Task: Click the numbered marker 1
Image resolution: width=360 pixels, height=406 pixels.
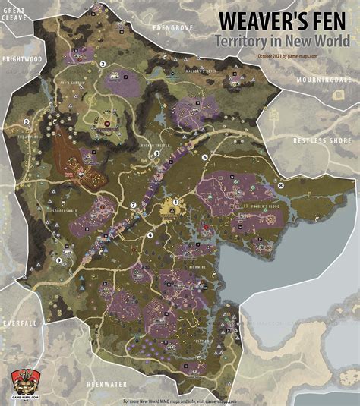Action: (x=175, y=202)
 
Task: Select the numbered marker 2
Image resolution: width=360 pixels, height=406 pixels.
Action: (x=103, y=65)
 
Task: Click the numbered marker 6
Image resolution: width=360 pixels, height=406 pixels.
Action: (x=204, y=157)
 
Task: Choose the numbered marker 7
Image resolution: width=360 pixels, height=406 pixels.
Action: (x=133, y=205)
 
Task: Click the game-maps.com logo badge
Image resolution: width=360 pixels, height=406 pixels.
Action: (x=21, y=382)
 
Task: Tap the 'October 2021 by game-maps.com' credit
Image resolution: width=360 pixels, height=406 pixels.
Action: (x=287, y=55)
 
